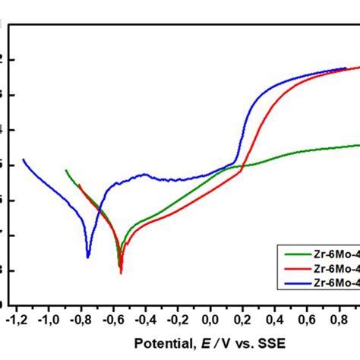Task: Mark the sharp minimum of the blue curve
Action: pyautogui.click(x=88, y=257)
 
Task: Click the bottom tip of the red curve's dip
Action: pyautogui.click(x=121, y=272)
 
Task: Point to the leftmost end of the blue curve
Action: pyautogui.click(x=24, y=159)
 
